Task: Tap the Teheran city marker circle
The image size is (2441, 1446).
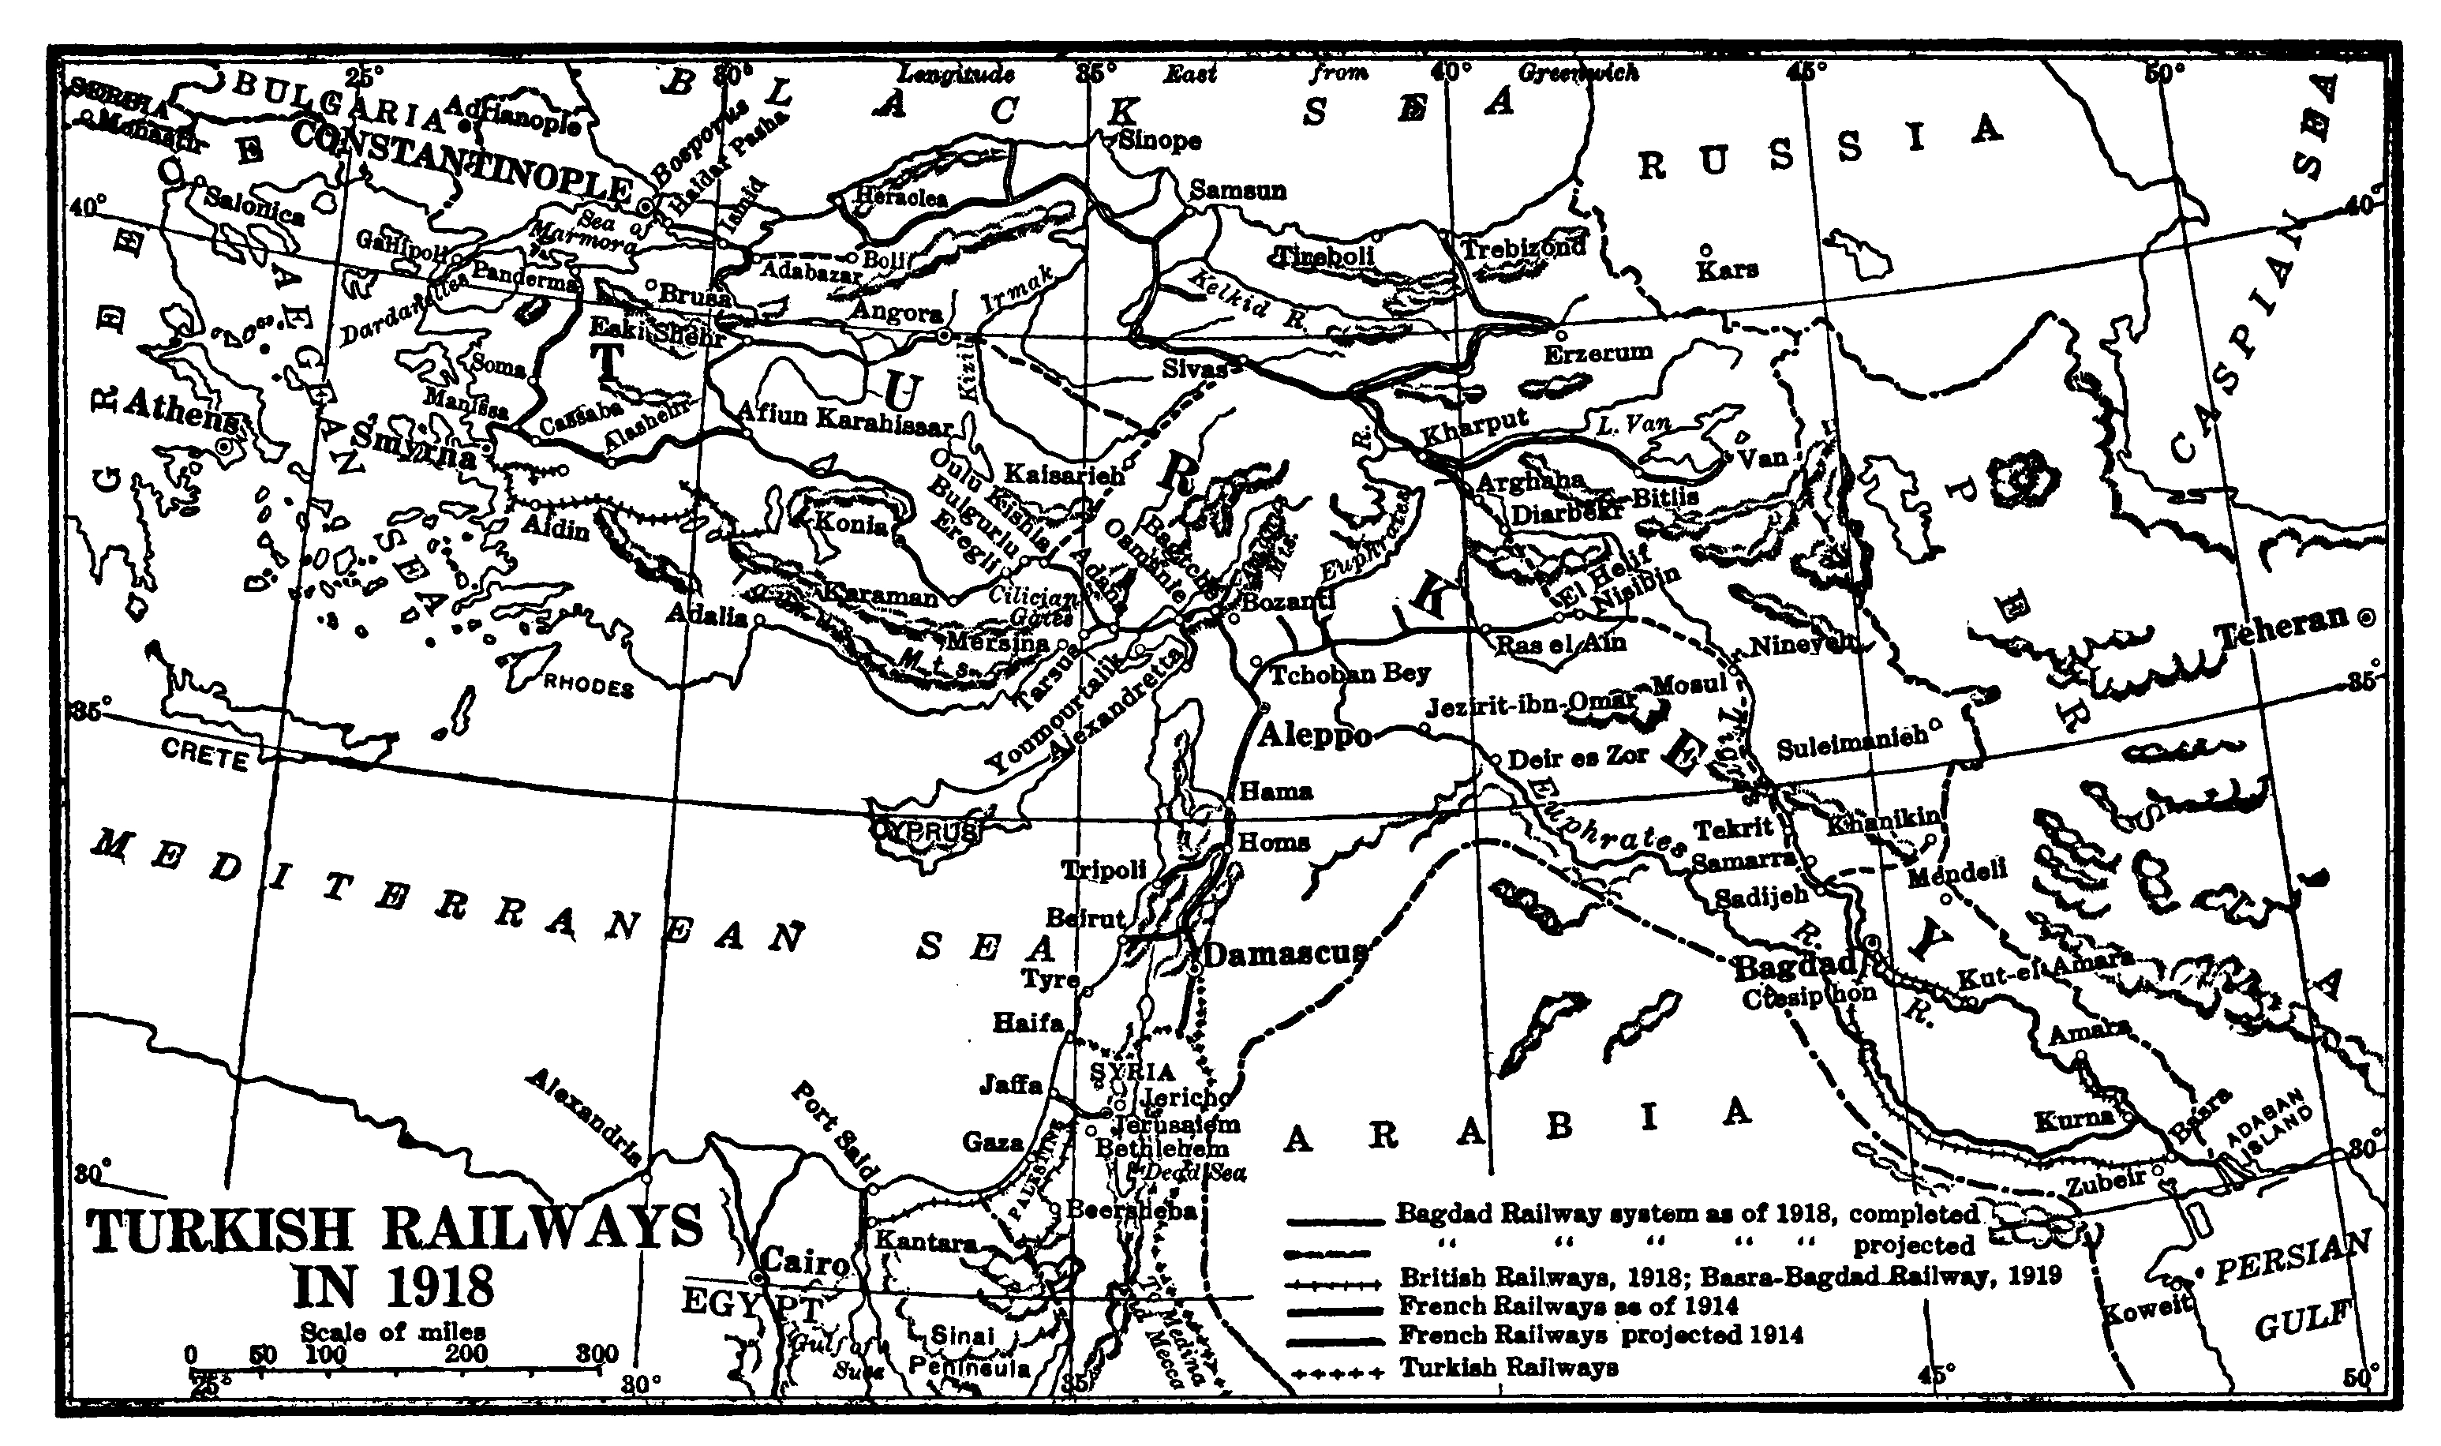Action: (x=2365, y=616)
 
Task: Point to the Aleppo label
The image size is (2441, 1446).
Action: (x=1315, y=735)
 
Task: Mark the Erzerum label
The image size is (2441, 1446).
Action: (x=1597, y=352)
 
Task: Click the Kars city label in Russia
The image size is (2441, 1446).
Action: (x=1727, y=270)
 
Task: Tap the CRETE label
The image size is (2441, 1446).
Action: (x=204, y=755)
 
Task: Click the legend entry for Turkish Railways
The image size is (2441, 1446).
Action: (x=1509, y=1366)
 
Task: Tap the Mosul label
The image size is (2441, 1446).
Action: (x=1688, y=684)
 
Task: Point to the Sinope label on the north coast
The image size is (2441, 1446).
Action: (x=1159, y=140)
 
